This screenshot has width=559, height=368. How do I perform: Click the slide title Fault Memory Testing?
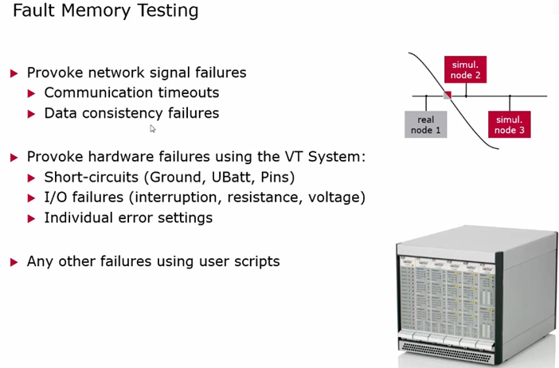tap(106, 12)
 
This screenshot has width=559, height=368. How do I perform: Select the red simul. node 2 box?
tap(466, 69)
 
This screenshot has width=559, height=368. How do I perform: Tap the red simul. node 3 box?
tap(509, 123)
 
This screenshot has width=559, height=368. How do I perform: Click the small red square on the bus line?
tap(448, 96)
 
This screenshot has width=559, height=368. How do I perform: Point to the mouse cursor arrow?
tap(153, 128)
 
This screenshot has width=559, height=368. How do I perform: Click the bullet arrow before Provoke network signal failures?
tap(14, 73)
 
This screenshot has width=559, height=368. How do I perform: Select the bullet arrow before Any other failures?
tap(14, 261)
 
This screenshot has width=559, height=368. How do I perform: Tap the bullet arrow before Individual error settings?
tap(32, 218)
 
